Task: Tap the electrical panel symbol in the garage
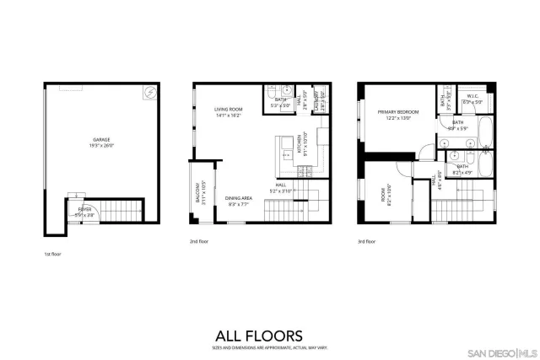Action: point(148,91)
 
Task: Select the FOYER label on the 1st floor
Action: point(84,210)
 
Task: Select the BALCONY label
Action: point(198,196)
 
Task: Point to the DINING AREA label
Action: point(240,201)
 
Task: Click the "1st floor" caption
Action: point(52,254)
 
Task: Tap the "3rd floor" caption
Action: point(366,242)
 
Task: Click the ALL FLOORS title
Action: point(270,335)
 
